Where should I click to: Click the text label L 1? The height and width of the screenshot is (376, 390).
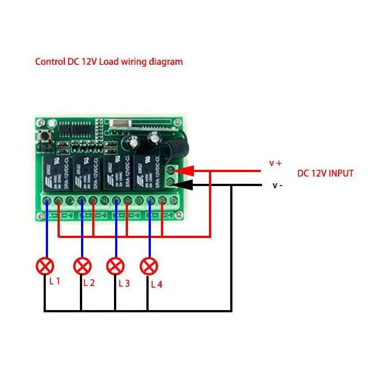(54, 281)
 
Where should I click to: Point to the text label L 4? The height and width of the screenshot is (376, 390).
(156, 284)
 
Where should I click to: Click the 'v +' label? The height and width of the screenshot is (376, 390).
(275, 163)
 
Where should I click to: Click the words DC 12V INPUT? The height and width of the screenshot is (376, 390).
(325, 173)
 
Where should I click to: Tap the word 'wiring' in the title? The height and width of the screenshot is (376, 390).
(132, 61)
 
